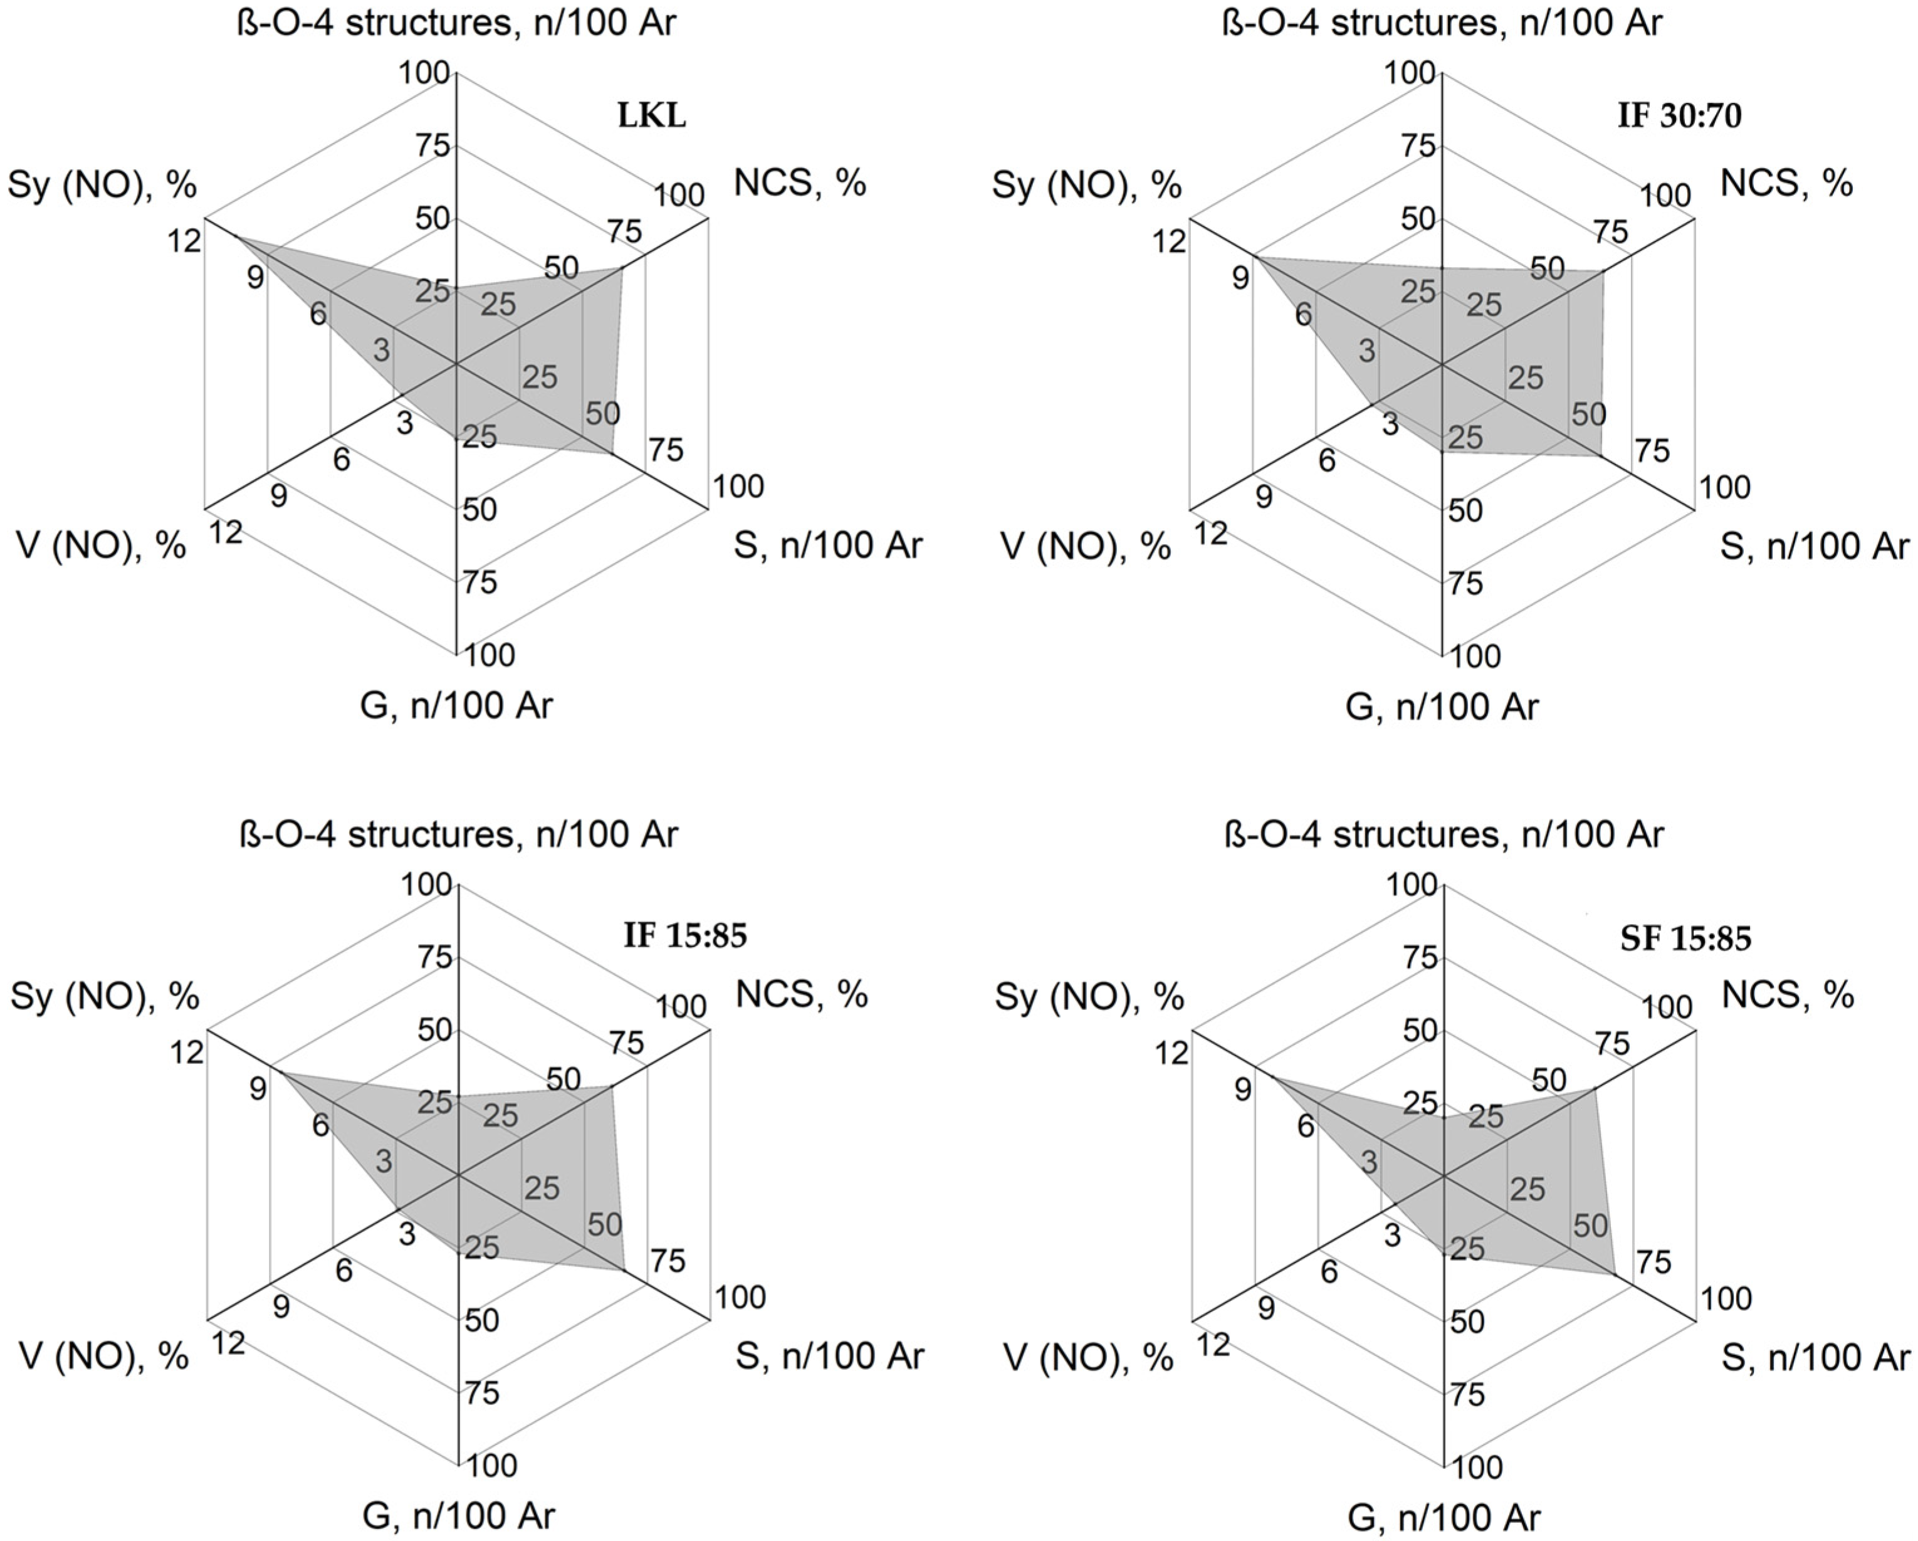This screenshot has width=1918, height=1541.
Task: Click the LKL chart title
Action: click(x=652, y=117)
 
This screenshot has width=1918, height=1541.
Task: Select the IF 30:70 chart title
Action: click(x=1679, y=117)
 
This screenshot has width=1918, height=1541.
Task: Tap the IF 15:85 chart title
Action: click(x=685, y=936)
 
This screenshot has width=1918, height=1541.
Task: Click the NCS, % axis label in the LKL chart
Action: click(x=800, y=182)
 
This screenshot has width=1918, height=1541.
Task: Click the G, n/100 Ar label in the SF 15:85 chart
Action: click(x=1442, y=1518)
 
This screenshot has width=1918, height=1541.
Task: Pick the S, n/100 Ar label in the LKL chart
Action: click(x=828, y=545)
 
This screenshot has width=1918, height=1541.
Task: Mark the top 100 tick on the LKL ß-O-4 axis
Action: click(x=425, y=73)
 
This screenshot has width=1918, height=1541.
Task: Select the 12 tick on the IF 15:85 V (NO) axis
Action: click(x=228, y=1344)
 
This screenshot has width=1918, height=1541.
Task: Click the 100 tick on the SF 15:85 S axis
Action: click(x=1726, y=1300)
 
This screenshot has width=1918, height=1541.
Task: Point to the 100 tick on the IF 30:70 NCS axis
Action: click(x=1665, y=196)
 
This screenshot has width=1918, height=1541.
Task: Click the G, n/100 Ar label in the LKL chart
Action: click(x=456, y=705)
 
